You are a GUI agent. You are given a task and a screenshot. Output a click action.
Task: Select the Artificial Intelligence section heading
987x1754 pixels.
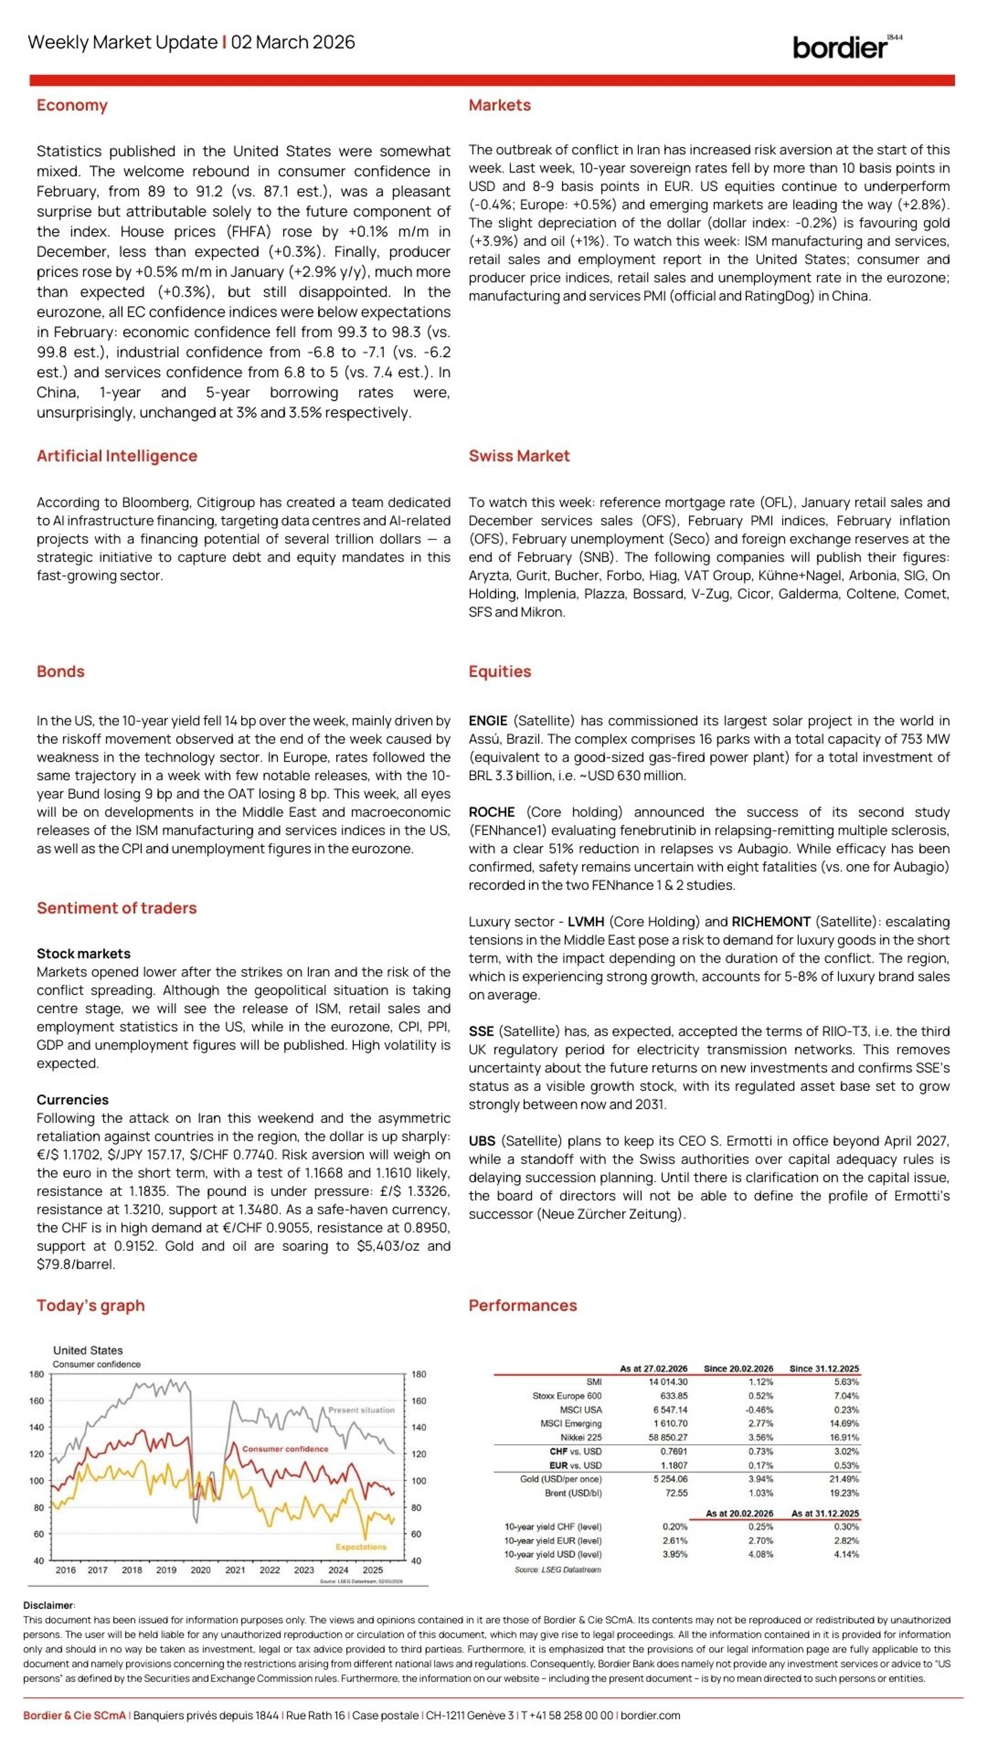click(117, 456)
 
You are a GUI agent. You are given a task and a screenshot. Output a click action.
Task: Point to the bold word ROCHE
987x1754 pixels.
click(491, 812)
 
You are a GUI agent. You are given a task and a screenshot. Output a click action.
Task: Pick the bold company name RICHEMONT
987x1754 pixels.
click(771, 921)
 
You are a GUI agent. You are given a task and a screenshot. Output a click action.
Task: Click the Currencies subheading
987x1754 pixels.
click(72, 1099)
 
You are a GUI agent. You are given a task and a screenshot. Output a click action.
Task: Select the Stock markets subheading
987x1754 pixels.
click(83, 953)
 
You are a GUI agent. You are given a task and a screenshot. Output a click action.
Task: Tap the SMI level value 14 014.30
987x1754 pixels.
click(668, 1382)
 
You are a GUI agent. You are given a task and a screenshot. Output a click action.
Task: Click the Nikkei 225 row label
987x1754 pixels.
click(580, 1438)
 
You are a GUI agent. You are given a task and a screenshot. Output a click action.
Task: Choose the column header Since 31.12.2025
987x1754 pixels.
click(824, 1369)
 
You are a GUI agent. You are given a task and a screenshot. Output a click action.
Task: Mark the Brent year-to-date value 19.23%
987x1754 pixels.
click(845, 1493)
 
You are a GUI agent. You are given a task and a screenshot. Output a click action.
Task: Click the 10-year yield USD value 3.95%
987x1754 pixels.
click(674, 1555)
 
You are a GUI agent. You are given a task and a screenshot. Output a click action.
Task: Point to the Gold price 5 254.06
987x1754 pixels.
click(670, 1479)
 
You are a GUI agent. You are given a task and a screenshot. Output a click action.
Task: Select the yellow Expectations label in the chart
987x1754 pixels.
click(360, 1547)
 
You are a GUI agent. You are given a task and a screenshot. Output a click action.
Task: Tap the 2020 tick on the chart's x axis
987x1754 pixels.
click(200, 1570)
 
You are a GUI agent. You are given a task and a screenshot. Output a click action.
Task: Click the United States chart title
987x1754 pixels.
click(88, 1350)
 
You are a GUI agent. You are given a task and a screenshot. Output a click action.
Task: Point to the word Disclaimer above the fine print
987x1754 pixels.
click(49, 1606)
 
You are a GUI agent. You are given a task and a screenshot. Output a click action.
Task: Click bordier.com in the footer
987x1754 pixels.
click(650, 1715)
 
